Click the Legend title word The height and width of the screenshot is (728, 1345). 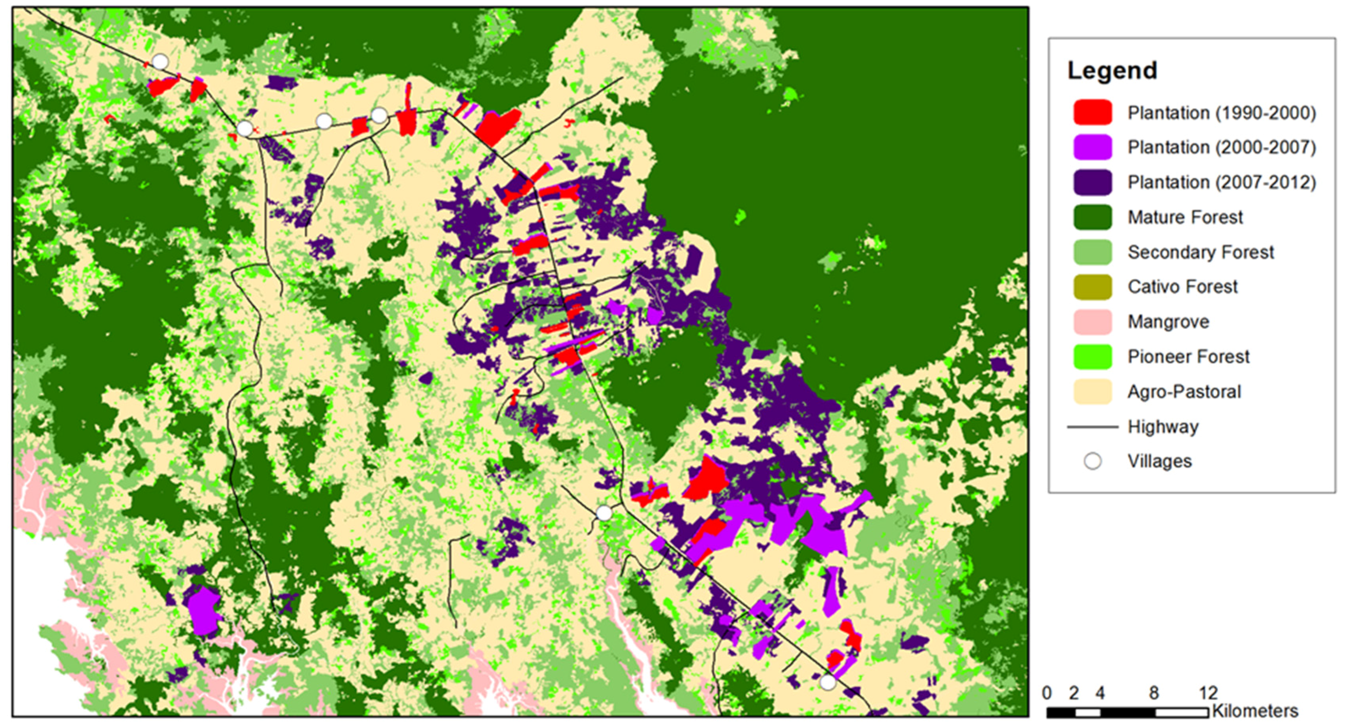pos(1112,70)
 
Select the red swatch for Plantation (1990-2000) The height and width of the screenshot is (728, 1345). pos(1092,113)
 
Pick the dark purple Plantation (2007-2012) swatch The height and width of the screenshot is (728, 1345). pos(1092,183)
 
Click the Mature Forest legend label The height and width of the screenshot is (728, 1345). pos(1185,217)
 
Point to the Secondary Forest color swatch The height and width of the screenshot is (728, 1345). pos(1092,252)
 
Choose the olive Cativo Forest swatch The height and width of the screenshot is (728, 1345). pos(1092,287)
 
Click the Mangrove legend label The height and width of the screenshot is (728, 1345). pos(1168,322)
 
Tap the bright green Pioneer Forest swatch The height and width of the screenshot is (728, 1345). pos(1092,357)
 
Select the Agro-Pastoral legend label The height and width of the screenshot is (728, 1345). pos(1184,392)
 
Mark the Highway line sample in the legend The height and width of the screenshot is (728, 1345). pos(1092,427)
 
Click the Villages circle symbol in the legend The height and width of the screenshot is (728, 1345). pos(1093,461)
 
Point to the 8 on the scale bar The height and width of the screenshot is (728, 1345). pos(1154,693)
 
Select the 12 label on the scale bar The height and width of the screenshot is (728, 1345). pos(1208,693)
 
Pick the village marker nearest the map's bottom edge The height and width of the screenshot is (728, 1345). pos(828,682)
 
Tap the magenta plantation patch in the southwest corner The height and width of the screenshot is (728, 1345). pos(204,611)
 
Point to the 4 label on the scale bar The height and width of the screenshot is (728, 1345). pos(1100,693)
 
